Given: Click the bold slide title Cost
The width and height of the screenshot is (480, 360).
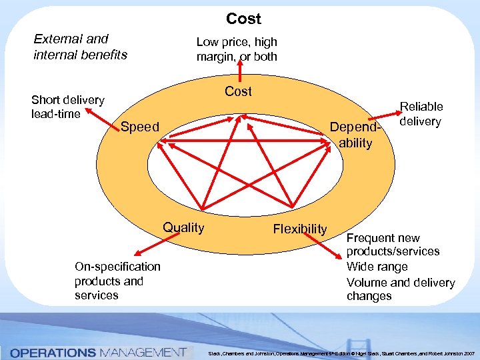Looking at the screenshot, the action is (243, 19).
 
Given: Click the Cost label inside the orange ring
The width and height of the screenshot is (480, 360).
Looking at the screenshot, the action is (238, 91).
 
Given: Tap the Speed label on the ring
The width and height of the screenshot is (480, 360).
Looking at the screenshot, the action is (140, 127).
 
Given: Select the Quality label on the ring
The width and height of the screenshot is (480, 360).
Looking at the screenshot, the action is (184, 227).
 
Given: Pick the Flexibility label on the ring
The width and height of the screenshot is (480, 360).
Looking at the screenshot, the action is (300, 229).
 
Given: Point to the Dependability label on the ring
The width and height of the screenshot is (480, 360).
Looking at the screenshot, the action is (355, 135).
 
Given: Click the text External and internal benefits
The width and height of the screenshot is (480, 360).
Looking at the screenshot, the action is (80, 47).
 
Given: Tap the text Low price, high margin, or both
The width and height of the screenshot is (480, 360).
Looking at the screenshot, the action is (237, 49).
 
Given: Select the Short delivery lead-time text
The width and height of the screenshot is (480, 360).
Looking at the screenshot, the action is (68, 107).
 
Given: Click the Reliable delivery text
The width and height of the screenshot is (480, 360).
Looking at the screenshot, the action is (421, 113).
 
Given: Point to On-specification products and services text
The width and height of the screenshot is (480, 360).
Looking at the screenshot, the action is (117, 281).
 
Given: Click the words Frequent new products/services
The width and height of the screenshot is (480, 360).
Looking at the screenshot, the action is (393, 245).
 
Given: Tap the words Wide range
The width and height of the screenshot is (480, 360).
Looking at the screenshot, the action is (378, 267).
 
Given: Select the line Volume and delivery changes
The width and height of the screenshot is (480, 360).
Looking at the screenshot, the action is (400, 289).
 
